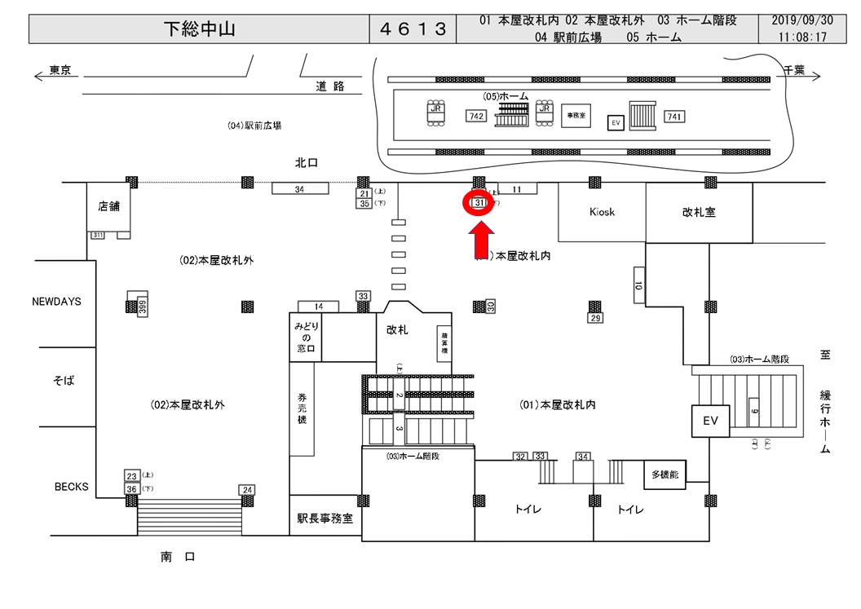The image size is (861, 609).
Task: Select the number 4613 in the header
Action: tap(413, 29)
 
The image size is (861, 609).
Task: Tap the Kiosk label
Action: tap(602, 212)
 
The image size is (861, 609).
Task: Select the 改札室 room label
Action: tap(699, 212)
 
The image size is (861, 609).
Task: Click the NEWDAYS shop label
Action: tap(57, 302)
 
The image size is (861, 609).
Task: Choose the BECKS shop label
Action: tap(72, 487)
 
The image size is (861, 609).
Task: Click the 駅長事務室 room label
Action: tap(325, 519)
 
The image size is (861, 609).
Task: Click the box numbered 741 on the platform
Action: tap(673, 117)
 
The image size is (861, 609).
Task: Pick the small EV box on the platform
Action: tap(616, 122)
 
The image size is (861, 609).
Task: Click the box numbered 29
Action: tap(595, 318)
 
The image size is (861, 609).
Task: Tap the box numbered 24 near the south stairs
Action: tap(248, 489)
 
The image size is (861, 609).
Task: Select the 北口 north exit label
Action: tap(306, 163)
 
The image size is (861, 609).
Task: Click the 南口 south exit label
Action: tap(178, 557)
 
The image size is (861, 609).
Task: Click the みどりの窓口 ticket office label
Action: tap(305, 338)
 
